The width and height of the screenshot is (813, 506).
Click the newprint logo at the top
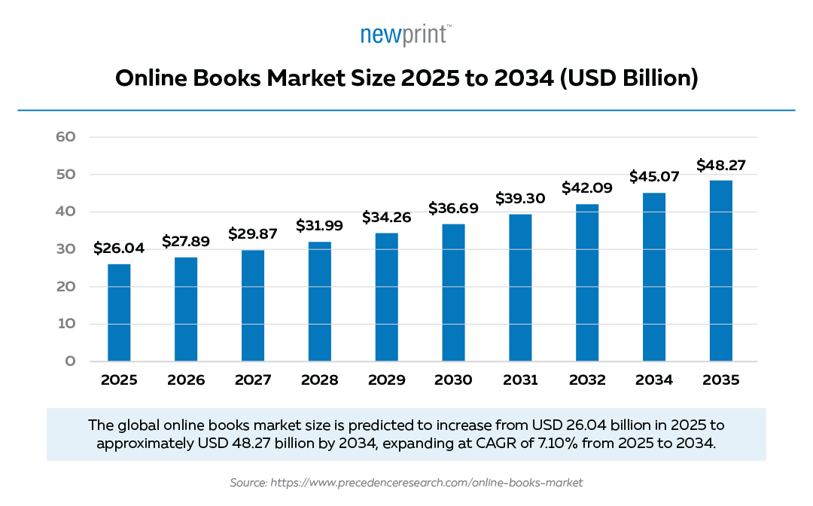tap(406, 35)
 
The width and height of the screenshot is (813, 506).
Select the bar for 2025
tap(119, 312)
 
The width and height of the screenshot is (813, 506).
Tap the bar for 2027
tap(252, 305)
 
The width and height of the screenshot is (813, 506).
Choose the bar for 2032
tap(586, 282)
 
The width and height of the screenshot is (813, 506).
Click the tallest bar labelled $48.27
tap(720, 270)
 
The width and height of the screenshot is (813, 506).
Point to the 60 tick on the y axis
tap(65, 137)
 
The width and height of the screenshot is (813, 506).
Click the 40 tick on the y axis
tap(65, 212)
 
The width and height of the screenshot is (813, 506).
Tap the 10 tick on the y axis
tap(65, 324)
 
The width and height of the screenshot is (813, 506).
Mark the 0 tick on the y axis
tap(70, 361)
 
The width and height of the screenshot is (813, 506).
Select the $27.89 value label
tap(186, 241)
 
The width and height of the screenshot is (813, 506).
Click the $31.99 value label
tap(319, 226)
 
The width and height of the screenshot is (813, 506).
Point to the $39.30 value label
tap(519, 198)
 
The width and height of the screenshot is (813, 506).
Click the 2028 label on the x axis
tap(319, 380)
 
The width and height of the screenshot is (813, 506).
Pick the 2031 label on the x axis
tap(519, 380)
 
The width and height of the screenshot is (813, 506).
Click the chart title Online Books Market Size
tap(406, 78)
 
